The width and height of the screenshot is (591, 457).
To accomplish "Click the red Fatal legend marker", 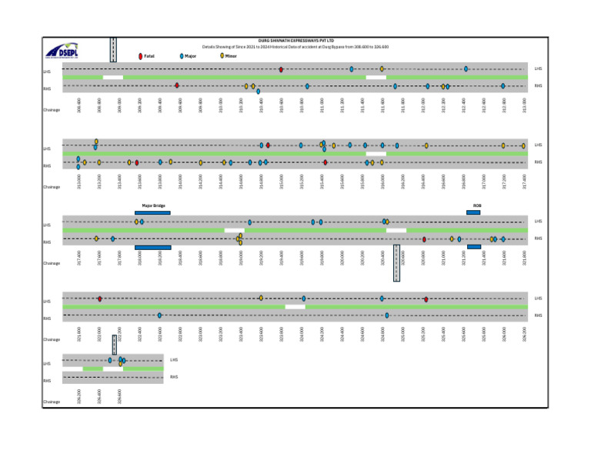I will pos(140,56).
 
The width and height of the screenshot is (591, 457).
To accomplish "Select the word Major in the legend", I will pos(192,56).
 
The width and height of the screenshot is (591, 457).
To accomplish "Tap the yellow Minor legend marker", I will pos(222,56).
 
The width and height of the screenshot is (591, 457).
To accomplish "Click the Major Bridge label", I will pos(153,206).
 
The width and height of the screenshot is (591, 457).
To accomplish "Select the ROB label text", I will pos(476,206).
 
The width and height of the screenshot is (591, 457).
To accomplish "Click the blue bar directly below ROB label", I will pos(473,212).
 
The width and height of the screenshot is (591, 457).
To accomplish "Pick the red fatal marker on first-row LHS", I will pos(281,69).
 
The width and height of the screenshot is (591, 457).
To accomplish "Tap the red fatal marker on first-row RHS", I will pos(177,85).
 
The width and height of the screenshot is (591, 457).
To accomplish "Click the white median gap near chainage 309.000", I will pos(112,77).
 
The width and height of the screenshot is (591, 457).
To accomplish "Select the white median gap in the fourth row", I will pos(295,306).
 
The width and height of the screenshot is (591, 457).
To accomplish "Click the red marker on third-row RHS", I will pos(424,239).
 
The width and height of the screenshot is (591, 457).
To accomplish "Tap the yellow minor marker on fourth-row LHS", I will pos(261,298).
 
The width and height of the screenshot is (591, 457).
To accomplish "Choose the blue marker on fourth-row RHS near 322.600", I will pos(159,315).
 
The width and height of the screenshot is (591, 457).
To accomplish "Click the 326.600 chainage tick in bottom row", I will pos(120,395).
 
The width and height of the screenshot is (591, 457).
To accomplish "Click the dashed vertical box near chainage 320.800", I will pos(396,263).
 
